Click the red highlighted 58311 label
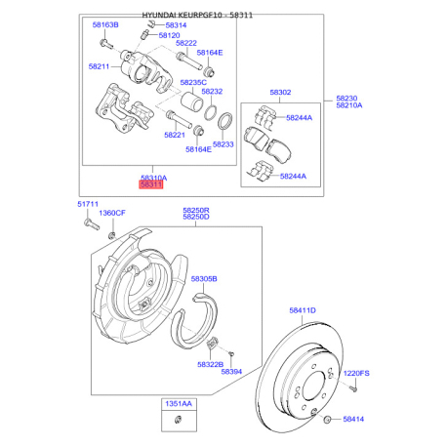point(151,184)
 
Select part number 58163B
point(105,24)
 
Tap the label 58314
point(176,25)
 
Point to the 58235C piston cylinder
point(192,101)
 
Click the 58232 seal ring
point(210,112)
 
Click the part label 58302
point(280,93)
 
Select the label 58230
point(346,99)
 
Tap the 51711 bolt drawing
point(92,224)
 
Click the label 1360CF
point(112,213)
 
